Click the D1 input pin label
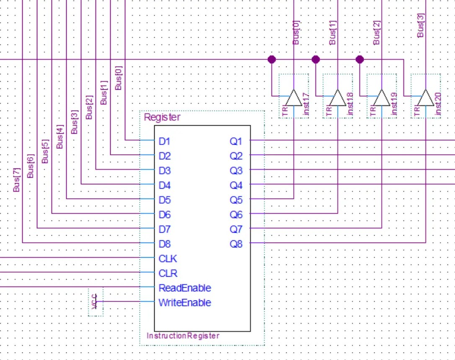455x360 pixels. (165, 141)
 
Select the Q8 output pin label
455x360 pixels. (236, 244)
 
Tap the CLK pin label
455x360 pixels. (168, 259)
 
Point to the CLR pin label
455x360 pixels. (168, 273)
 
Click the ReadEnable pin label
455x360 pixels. (184, 288)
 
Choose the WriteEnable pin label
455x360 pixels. (184, 303)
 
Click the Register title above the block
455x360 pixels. (162, 117)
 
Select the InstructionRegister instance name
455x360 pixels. (183, 336)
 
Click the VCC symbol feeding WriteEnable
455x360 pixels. (95, 301)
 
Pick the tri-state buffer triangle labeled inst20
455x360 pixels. (425, 98)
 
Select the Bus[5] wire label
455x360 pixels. (45, 152)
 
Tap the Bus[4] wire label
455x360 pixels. (59, 137)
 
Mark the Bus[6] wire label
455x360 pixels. (31, 166)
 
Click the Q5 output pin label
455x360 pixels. (236, 200)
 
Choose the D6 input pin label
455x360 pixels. (165, 215)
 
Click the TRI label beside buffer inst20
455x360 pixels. (416, 111)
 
